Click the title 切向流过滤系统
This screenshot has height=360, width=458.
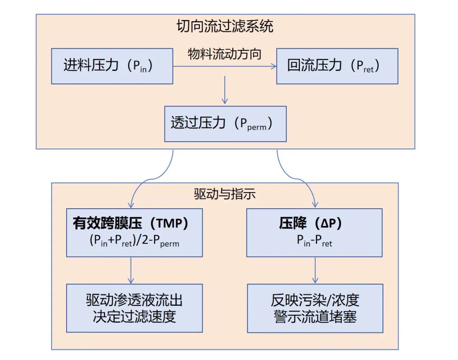(x=225, y=26)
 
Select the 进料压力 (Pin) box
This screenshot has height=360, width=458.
(x=112, y=66)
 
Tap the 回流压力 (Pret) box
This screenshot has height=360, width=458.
(x=337, y=66)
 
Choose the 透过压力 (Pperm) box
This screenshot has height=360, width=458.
(x=225, y=123)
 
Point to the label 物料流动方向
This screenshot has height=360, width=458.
(x=225, y=54)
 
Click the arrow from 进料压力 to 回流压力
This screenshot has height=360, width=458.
(x=225, y=66)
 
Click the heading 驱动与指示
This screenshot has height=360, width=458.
(x=225, y=194)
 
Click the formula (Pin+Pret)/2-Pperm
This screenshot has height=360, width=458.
(x=134, y=241)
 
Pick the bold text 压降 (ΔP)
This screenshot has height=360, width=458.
(x=314, y=224)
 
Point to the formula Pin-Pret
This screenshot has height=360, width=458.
(x=314, y=241)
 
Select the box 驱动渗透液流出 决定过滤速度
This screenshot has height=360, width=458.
(x=134, y=308)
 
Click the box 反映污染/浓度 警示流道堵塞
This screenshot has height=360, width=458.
(x=315, y=308)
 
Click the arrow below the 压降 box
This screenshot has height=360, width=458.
(x=315, y=270)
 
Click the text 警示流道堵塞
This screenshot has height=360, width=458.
(x=315, y=316)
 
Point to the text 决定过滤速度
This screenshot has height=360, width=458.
(x=134, y=316)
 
